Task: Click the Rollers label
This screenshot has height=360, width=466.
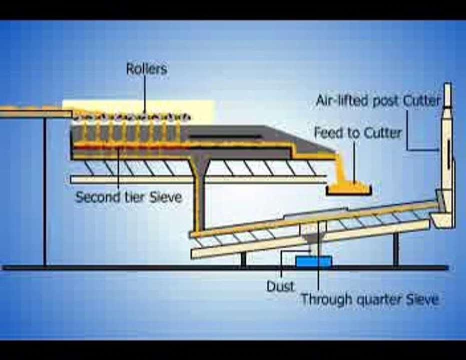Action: pos(146,69)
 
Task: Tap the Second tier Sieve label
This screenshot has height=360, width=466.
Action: pos(128,197)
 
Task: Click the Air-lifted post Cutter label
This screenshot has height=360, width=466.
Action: pos(378,100)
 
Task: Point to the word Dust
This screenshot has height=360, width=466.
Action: pos(280,286)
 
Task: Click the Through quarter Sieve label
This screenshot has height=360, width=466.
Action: pos(369,299)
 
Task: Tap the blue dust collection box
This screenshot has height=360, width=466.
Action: pos(313,261)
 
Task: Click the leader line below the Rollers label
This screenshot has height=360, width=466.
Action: pos(146,95)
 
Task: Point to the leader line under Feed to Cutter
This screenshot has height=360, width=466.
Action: pos(355,160)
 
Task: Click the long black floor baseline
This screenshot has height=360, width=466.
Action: pos(225,268)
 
